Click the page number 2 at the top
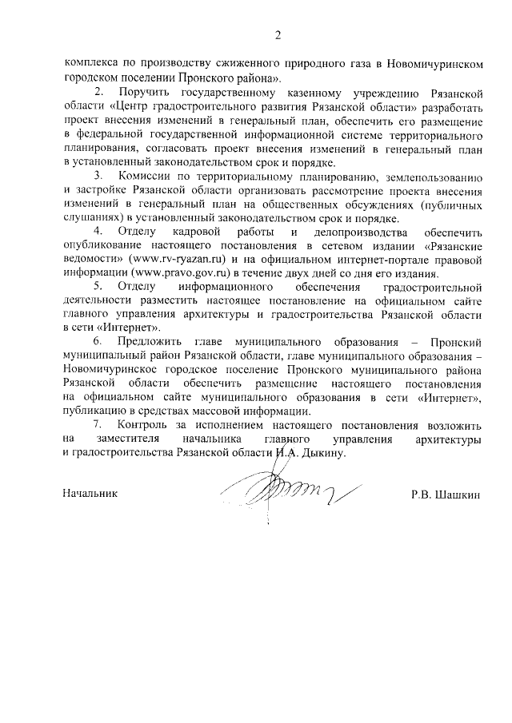tap(278, 34)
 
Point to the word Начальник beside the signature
tap(90, 494)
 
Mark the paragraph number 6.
tap(98, 341)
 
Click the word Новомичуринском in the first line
tap(436, 64)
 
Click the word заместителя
tap(130, 439)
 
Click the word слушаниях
tap(88, 218)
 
